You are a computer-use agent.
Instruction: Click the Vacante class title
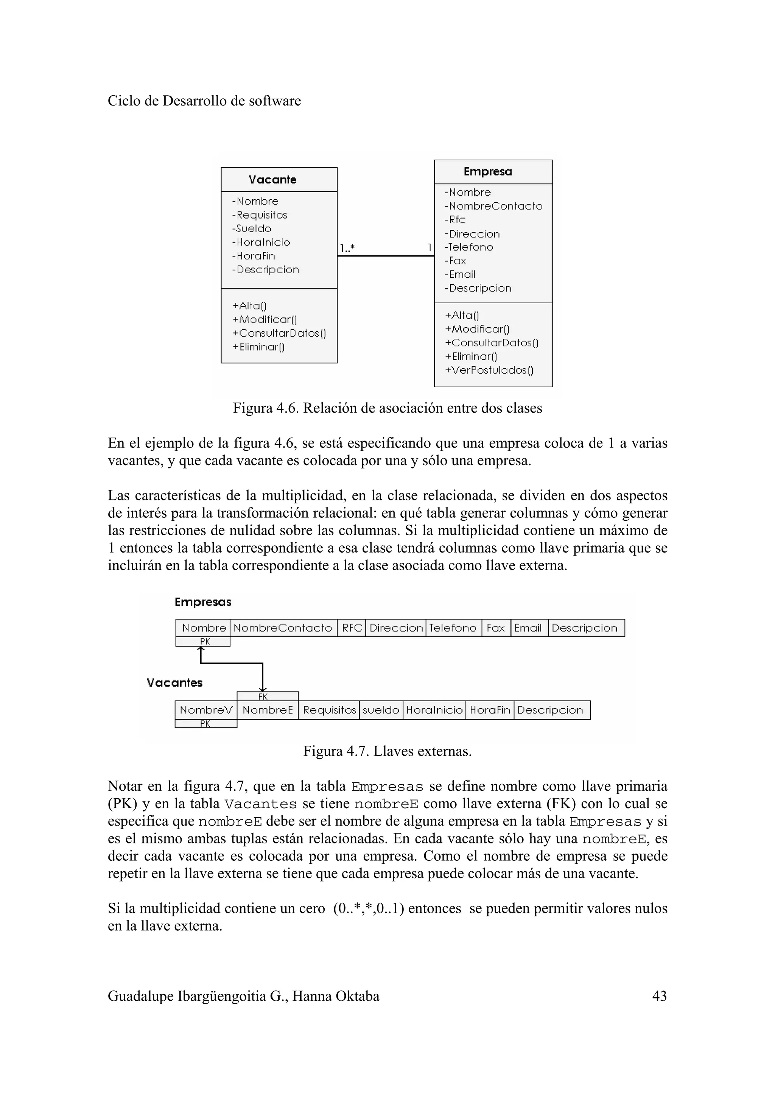pos(272,180)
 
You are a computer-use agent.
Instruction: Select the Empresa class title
pos(487,171)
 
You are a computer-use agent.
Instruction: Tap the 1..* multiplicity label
pos(347,248)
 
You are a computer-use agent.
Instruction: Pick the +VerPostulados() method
pos(489,370)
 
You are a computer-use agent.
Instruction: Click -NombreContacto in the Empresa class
pos(493,206)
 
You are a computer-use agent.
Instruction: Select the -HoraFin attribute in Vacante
pos(254,256)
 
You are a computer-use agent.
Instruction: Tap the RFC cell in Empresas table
pos(352,628)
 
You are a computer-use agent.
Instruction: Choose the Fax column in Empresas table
pos(496,628)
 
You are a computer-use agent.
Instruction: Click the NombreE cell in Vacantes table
pos(268,710)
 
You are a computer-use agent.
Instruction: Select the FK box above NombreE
pos(268,697)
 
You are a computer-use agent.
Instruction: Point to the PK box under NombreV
pos(205,723)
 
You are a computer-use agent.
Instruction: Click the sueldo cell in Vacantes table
pos(381,710)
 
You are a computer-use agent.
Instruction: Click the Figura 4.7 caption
pos(387,751)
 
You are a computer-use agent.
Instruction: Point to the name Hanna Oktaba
pos(336,996)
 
